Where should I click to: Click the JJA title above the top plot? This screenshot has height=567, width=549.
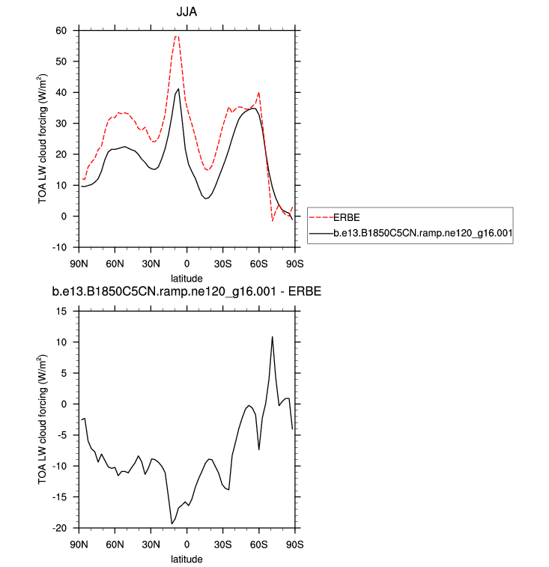pos(186,12)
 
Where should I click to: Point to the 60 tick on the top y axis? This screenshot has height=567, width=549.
pos(61,31)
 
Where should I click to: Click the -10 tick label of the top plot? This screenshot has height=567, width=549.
pos(59,247)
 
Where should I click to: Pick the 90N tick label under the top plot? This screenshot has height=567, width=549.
pos(79,264)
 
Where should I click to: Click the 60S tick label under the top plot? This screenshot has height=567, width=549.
pos(258,264)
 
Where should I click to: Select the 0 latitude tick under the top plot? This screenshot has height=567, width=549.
pos(186,264)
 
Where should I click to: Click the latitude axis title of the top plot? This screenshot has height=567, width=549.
pos(186,278)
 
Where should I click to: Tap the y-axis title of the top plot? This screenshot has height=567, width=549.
pos(43,139)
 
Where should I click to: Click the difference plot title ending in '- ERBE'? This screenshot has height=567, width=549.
pos(186,292)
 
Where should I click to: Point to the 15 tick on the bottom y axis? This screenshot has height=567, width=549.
pos(64,312)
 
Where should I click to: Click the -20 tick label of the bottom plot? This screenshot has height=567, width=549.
pos(59,527)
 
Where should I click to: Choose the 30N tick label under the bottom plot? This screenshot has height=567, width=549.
pos(151,545)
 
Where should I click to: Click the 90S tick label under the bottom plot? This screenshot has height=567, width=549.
pos(294,545)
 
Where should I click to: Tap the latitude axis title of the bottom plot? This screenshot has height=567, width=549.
pos(186,559)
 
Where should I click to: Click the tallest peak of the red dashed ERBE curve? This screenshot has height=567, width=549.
pos(177,36)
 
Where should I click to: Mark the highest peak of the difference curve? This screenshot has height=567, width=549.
pos(272,336)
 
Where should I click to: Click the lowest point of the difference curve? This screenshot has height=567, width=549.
pos(172,524)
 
